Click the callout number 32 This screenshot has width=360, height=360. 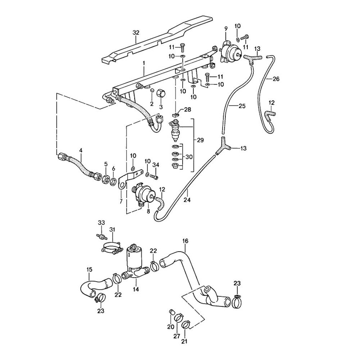136,32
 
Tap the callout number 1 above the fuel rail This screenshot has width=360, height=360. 144,63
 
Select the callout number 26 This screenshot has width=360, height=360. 276,79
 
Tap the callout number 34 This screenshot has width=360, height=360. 156,165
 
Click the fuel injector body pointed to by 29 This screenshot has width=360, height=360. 175,131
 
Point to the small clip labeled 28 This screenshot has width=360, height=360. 176,114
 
